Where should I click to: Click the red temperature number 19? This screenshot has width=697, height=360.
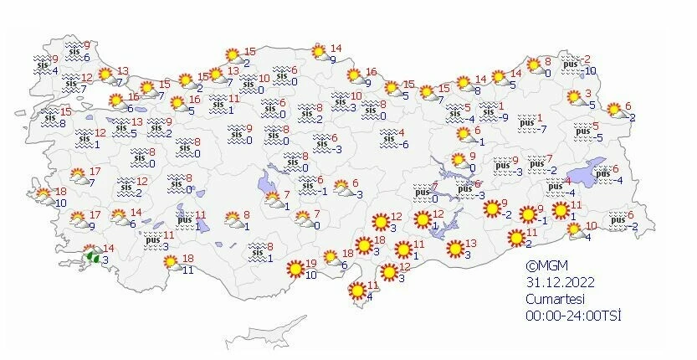tap(310, 263)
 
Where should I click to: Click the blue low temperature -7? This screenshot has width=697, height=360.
tap(542, 129)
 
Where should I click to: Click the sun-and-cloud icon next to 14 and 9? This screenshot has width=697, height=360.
tap(319, 53)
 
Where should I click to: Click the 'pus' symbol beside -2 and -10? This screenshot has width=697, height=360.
tap(571, 64)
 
